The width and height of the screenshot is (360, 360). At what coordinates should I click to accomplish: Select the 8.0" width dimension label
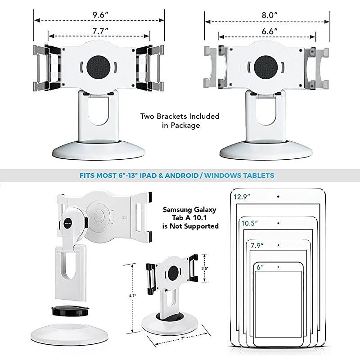[x=268, y=14]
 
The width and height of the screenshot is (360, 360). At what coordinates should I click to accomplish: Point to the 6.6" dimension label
[x=268, y=31]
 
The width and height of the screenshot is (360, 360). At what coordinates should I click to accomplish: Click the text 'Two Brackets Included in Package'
[x=180, y=121]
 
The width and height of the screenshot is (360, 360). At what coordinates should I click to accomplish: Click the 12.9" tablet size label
[x=242, y=196]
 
